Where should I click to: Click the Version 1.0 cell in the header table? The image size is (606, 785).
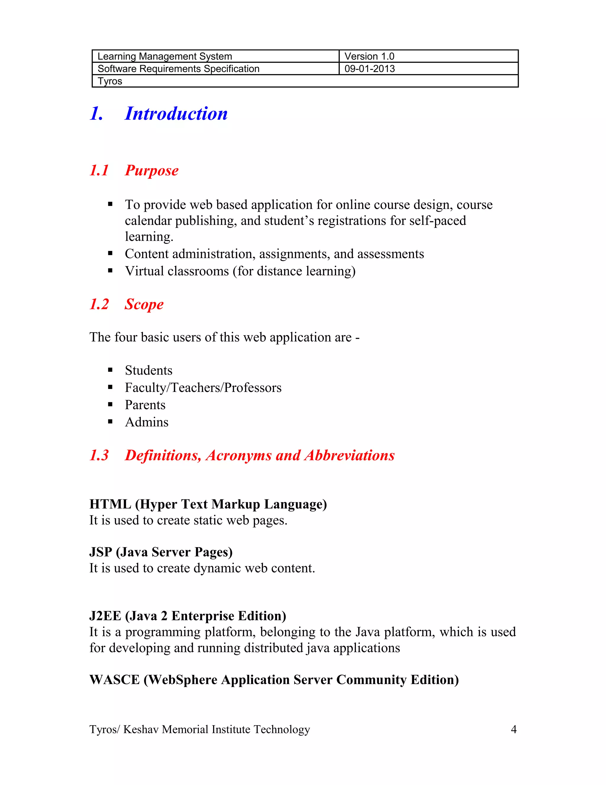[x=369, y=56]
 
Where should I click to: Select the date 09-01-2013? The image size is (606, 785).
[x=369, y=69]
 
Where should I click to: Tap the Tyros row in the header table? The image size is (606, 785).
[x=110, y=81]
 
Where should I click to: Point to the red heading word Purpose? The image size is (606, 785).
[x=151, y=170]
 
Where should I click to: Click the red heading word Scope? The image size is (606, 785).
[x=144, y=304]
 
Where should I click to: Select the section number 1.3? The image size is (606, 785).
[x=99, y=455]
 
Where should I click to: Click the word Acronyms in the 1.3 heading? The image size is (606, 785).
[x=238, y=455]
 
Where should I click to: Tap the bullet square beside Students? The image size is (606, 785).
[x=110, y=370]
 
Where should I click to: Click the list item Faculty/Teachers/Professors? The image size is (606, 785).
[x=203, y=387]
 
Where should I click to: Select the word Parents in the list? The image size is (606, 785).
[x=145, y=405]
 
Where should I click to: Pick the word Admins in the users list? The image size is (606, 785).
[x=146, y=422]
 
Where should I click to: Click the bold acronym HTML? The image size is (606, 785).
[x=110, y=504]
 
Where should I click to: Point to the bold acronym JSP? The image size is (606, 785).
[x=101, y=552]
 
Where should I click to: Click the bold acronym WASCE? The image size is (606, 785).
[x=114, y=680]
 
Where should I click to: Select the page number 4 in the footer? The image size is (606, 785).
[x=513, y=729]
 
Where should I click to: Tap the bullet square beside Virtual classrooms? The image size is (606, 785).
[x=110, y=271]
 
